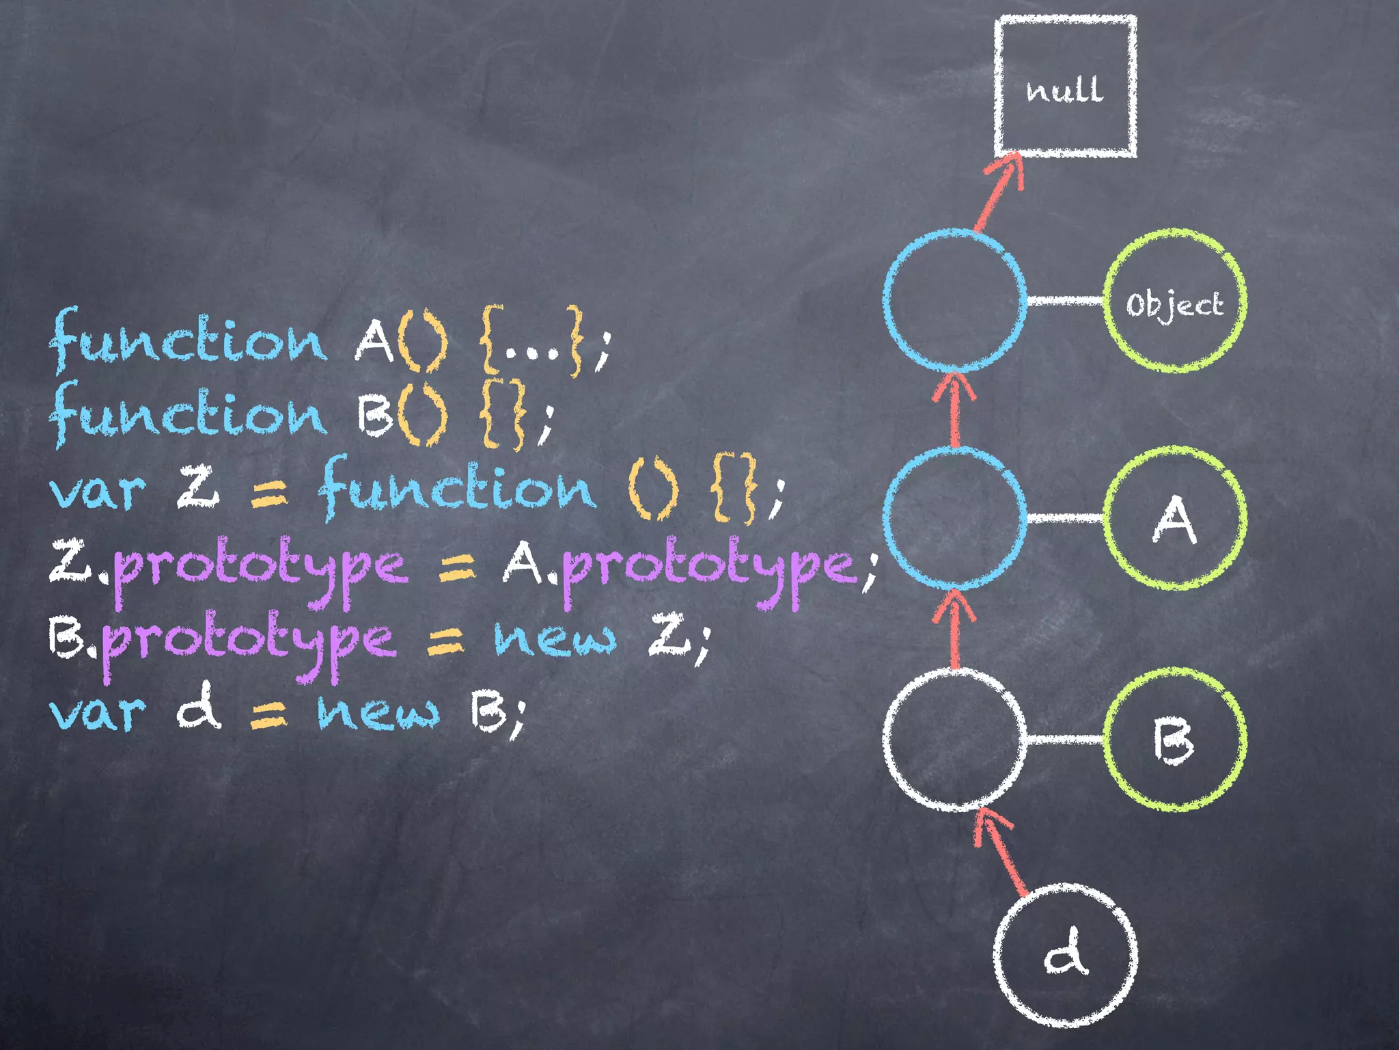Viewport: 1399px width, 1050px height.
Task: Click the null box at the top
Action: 1065,87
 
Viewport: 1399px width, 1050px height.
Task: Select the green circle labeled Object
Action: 1174,301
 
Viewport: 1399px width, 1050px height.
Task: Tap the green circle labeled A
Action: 1174,518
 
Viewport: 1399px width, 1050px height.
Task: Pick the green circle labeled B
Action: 1174,740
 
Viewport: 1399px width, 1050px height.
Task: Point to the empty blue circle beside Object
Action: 955,301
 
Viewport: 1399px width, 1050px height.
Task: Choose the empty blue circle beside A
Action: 955,517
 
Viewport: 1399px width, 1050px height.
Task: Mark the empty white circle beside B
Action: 955,739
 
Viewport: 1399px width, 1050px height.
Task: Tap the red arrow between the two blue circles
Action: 955,410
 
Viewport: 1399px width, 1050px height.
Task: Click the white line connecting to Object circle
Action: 1065,301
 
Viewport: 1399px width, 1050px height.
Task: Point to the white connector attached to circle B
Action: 1065,739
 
